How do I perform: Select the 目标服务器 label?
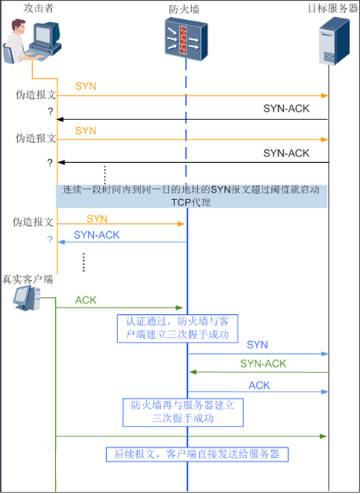(x=333, y=9)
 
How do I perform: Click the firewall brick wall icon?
(x=186, y=36)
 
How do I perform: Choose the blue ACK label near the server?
(x=259, y=385)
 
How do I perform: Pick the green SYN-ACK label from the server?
(x=263, y=364)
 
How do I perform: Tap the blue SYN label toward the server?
(x=257, y=344)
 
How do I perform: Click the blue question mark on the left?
(x=50, y=240)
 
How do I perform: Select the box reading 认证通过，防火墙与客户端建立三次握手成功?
(x=178, y=327)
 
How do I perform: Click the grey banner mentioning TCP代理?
(x=192, y=196)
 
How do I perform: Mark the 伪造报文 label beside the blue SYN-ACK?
(x=34, y=222)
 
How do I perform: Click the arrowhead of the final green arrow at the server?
(x=324, y=436)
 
